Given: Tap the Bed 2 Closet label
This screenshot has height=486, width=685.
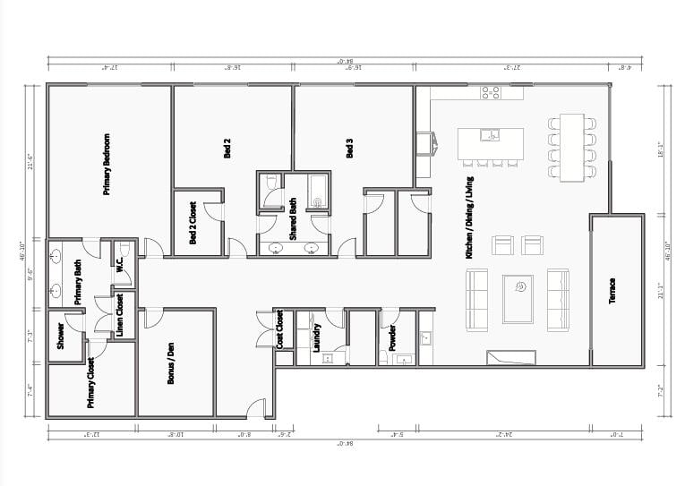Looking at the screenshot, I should click(x=193, y=224).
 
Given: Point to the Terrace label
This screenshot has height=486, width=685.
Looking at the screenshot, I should click(x=612, y=291).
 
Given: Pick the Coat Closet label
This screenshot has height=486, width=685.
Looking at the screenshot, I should click(x=279, y=328).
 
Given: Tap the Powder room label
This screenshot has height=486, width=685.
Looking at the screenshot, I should click(x=392, y=337).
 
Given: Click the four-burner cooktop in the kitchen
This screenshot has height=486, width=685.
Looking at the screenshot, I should click(x=491, y=91).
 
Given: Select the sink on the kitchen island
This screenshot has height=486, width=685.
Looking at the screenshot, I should click(x=489, y=136).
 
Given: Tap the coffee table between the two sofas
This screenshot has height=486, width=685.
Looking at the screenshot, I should click(x=518, y=298).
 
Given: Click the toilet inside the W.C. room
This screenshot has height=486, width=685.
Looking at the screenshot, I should click(x=125, y=249).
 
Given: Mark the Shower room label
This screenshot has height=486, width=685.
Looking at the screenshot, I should click(x=61, y=335).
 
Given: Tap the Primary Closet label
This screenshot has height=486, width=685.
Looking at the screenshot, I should click(x=90, y=384).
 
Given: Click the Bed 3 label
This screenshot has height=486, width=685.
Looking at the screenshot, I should click(x=349, y=149).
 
